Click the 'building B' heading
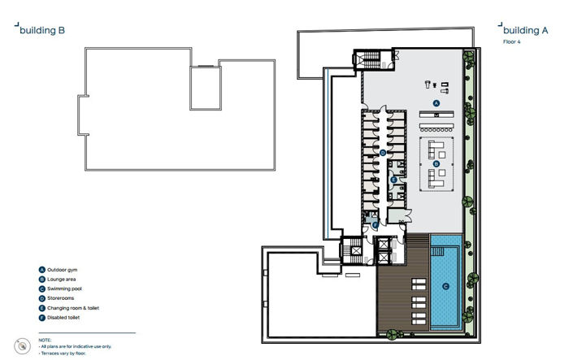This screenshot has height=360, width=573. [41, 31]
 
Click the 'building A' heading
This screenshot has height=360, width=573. [526, 31]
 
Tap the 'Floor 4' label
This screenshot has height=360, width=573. [512, 41]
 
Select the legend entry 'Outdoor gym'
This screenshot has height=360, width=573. [65, 270]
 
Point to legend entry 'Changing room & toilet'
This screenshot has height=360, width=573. [76, 308]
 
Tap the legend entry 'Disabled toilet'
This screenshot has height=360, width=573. [66, 318]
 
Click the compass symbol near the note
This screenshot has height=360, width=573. [19, 343]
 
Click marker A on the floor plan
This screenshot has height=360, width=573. [436, 104]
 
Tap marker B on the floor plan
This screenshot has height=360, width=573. [436, 163]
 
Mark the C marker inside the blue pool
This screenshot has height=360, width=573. [445, 285]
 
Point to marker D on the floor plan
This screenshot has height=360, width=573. [382, 153]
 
